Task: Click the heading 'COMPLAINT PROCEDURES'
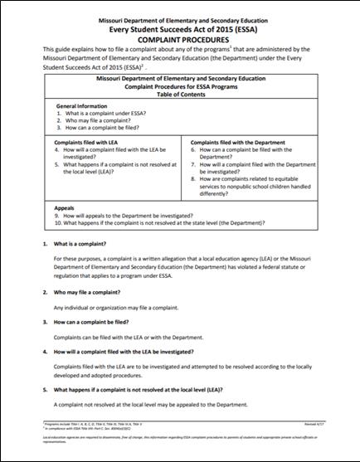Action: click(179, 39)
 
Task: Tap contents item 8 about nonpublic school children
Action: click(264, 184)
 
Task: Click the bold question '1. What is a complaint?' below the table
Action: click(85, 245)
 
